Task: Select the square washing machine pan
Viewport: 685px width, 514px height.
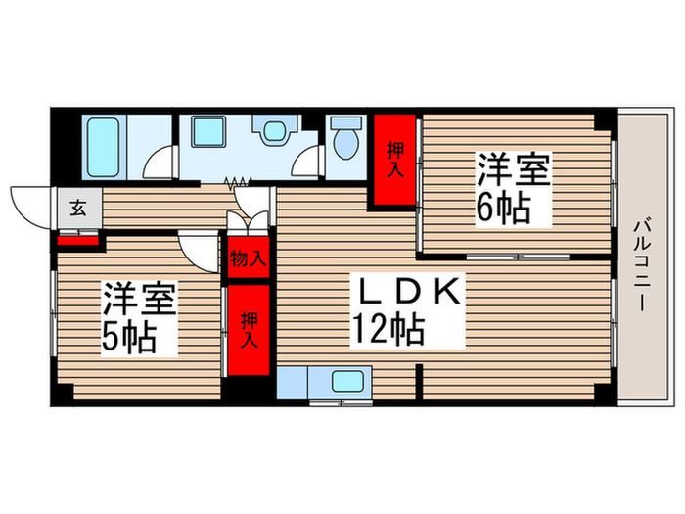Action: [x=208, y=133]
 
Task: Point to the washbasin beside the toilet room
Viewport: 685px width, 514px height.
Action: [x=271, y=131]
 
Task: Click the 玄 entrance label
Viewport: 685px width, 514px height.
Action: [x=77, y=209]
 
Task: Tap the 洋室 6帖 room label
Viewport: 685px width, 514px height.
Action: [x=512, y=187]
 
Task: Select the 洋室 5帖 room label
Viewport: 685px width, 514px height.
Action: [x=141, y=318]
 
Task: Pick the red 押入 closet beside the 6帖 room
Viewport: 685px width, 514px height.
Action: [x=395, y=161]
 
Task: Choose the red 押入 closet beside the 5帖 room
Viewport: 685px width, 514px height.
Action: [x=250, y=330]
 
